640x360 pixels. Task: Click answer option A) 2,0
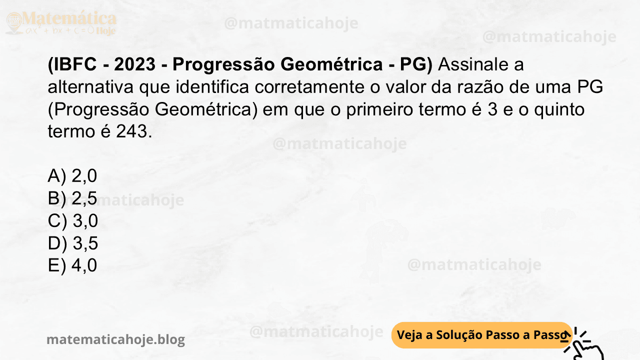[x=72, y=176]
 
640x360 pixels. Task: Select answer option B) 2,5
[x=72, y=198]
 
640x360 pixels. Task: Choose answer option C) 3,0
[x=73, y=221]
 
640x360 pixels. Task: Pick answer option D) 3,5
[x=73, y=243]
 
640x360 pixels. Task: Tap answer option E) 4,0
[x=72, y=265]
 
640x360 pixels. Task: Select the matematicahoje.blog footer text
[x=115, y=340]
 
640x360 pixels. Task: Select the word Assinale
[x=473, y=64]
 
